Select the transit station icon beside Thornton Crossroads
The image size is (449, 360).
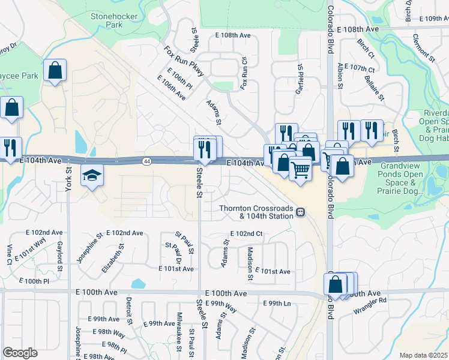pos(300,212)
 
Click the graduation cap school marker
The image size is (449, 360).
pos(92,175)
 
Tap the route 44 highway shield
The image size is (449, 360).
pos(147,161)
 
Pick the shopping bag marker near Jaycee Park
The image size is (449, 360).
pos(55,71)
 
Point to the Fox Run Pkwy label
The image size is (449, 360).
pos(184,61)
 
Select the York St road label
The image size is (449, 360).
pos(68,179)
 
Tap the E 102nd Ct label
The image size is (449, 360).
pos(246,233)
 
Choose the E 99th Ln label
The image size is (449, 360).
pos(280,304)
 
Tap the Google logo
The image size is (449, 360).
pos(20,353)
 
